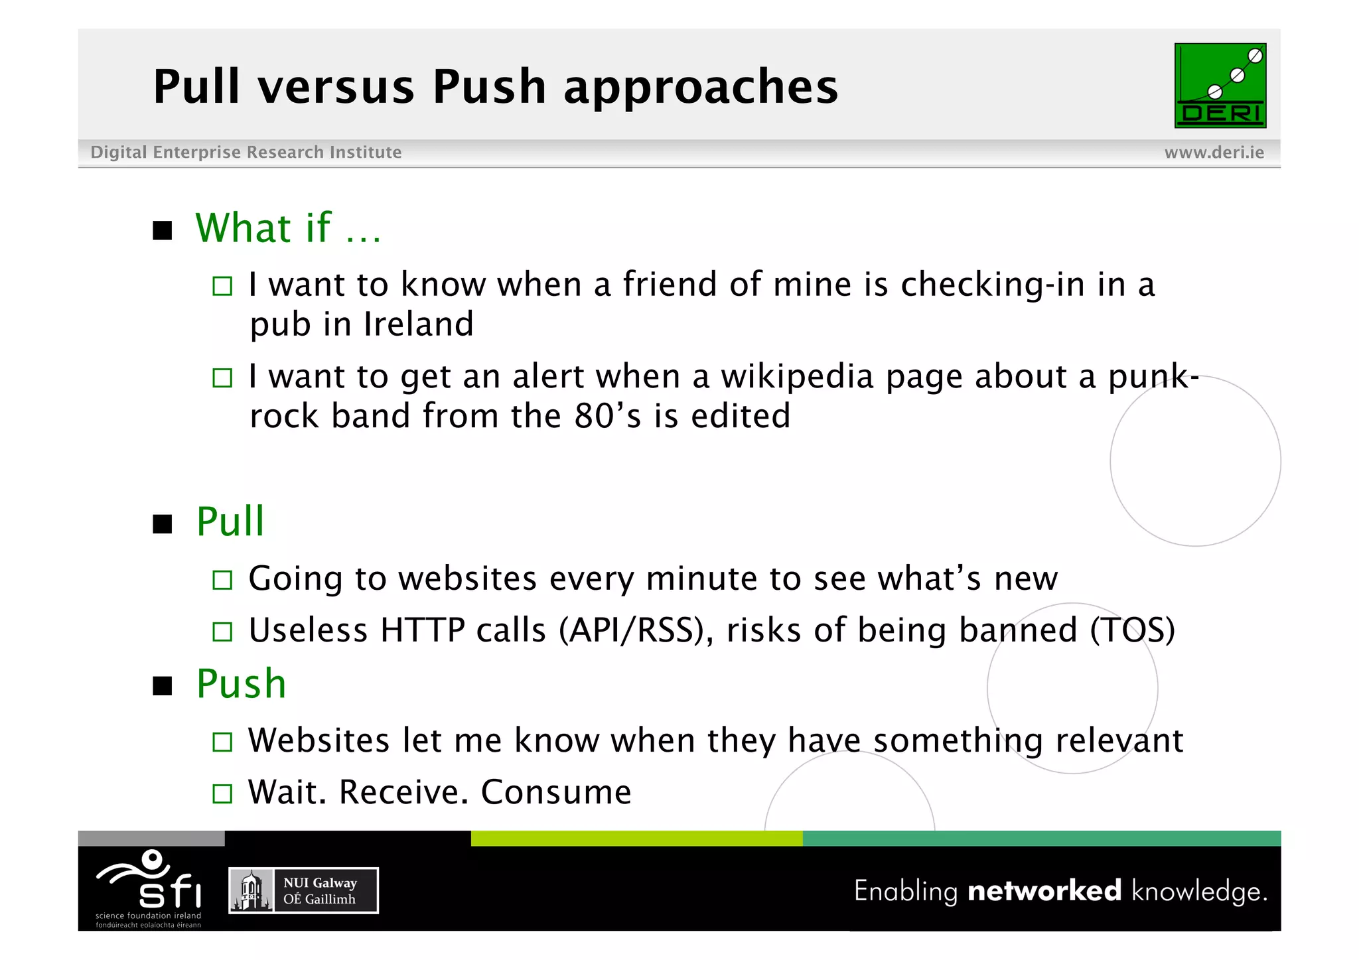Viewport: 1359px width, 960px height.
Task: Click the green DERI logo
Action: coord(1220,86)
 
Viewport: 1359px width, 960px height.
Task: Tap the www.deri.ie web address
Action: coord(1214,153)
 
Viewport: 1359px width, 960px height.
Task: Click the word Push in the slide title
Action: coord(489,87)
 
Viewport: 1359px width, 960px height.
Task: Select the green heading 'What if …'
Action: coord(288,228)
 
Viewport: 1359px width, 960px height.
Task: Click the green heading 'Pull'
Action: coord(230,521)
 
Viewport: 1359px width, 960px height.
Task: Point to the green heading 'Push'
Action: coord(241,684)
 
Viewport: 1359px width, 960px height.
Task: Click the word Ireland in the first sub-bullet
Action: coord(419,324)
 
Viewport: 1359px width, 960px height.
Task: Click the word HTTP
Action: coord(422,630)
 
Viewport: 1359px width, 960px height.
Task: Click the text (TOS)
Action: coord(1132,630)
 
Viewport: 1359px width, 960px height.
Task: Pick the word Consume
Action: coord(556,792)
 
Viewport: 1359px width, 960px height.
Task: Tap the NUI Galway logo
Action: coord(303,890)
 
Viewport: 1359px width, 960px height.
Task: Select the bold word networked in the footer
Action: coord(1044,891)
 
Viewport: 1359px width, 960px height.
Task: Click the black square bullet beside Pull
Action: coord(163,524)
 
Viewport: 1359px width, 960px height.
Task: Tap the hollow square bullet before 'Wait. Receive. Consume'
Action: coord(222,793)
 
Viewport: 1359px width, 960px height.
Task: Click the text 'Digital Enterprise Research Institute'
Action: coord(246,153)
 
